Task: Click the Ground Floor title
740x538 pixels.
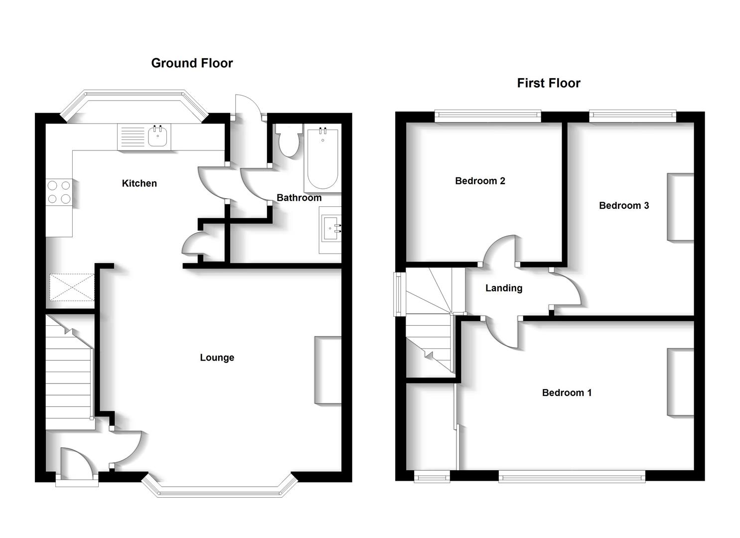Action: tap(192, 63)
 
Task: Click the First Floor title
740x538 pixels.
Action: tap(548, 83)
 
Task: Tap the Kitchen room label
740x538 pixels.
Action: tap(140, 183)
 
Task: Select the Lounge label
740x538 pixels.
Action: tap(217, 358)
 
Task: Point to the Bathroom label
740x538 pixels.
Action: tap(299, 198)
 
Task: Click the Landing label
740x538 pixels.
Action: tap(504, 288)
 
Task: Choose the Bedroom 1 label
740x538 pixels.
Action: tap(567, 393)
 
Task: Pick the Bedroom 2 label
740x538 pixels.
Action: tap(480, 181)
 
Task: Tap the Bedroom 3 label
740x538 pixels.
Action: tap(624, 205)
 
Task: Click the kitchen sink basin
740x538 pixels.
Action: tap(158, 136)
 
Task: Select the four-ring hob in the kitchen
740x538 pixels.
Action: tap(59, 192)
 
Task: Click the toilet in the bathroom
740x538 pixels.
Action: tap(289, 139)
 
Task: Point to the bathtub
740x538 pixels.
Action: tap(322, 158)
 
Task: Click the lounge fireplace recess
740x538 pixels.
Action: tap(328, 370)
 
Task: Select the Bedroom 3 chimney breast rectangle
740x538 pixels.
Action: tap(680, 207)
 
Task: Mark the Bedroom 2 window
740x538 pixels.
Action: tap(487, 116)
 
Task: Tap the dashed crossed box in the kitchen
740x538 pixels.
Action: tap(71, 287)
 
